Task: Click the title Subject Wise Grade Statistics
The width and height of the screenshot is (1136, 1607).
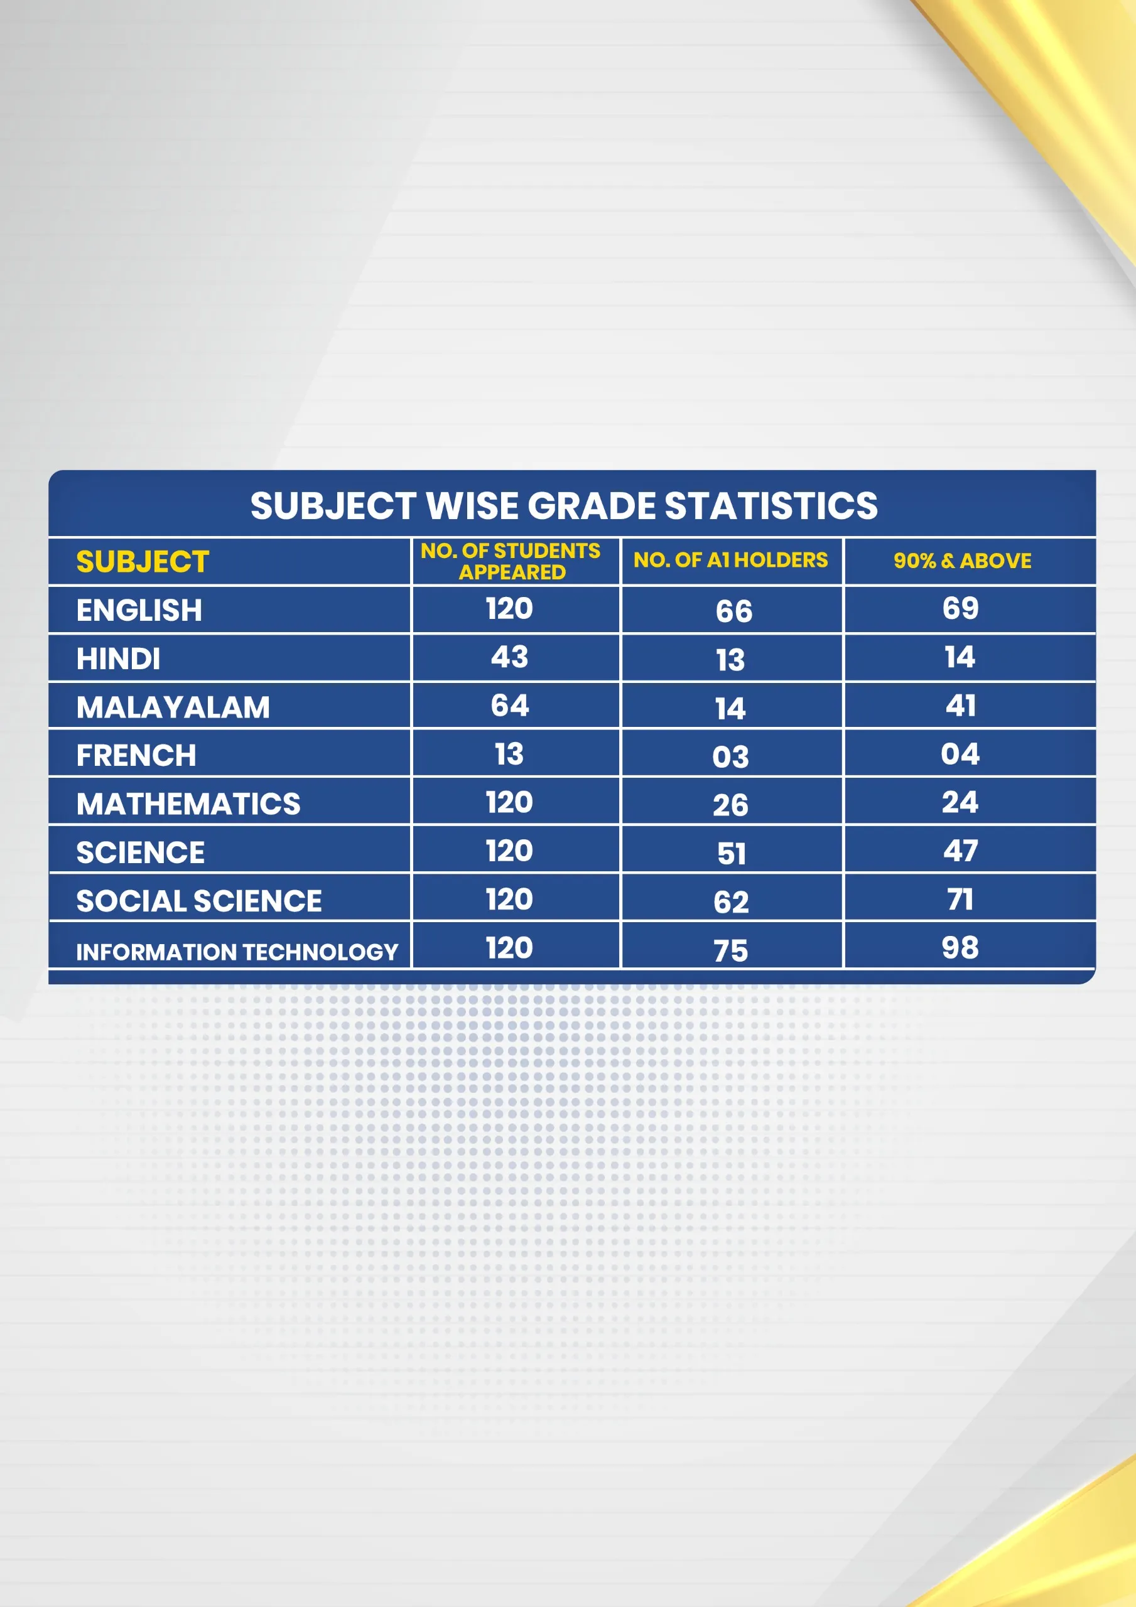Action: coord(564,505)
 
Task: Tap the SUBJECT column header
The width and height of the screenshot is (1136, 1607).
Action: coord(143,561)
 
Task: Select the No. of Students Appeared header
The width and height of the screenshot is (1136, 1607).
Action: coord(511,561)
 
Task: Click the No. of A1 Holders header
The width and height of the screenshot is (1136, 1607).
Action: coord(730,560)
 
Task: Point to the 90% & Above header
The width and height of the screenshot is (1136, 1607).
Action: coord(962,561)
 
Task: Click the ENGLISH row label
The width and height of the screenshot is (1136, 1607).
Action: coord(139,610)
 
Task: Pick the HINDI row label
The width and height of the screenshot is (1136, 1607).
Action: coord(118,658)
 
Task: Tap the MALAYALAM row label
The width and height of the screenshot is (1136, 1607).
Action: coord(173,707)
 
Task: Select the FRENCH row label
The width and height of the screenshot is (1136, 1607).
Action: coord(136,755)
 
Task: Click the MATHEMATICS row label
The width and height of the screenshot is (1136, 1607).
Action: coord(188,803)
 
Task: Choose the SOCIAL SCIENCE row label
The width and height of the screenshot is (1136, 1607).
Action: coord(199,901)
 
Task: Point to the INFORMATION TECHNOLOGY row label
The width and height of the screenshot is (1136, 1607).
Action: coord(237,952)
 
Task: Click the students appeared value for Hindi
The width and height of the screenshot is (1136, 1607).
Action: coord(509,657)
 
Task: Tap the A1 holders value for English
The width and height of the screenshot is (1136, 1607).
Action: coord(734,611)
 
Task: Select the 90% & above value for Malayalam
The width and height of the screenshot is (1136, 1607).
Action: coord(961,706)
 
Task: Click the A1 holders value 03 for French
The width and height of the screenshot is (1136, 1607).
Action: coord(730,756)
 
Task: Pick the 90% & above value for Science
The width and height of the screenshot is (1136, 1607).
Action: coord(960,851)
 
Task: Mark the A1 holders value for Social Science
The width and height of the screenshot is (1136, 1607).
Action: coord(731,901)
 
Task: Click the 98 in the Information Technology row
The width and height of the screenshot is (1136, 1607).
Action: coord(960,948)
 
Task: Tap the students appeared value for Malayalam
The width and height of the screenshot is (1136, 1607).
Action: coord(510,705)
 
